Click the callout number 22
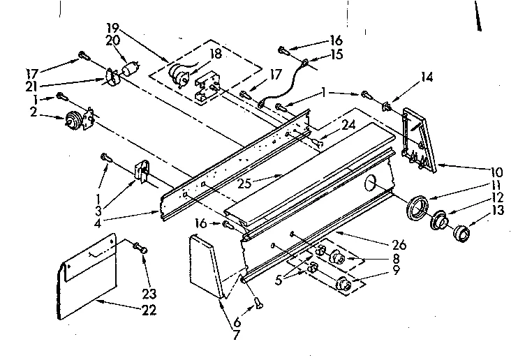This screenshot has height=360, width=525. click(147, 309)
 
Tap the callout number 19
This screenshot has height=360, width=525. click(112, 27)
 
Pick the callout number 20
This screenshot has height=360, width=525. click(111, 41)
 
